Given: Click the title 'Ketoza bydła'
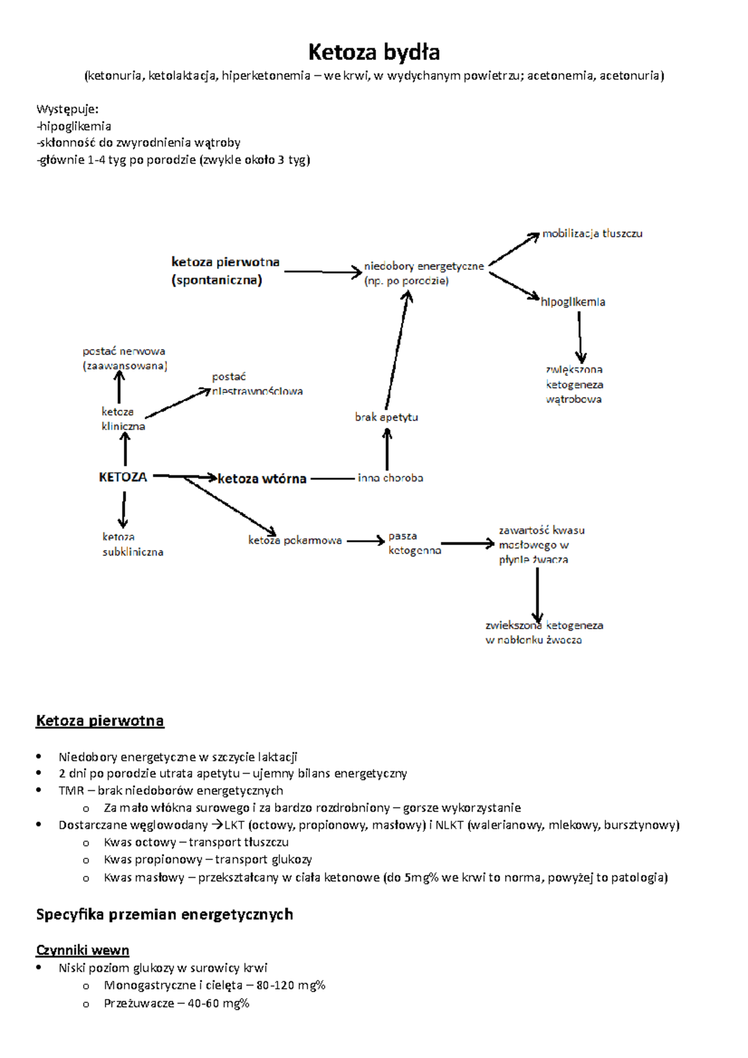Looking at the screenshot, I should coord(374,52).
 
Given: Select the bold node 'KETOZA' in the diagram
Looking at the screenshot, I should coord(123,477).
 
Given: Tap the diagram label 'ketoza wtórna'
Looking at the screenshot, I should coord(262,479).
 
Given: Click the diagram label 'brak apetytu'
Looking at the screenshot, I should coord(386,417).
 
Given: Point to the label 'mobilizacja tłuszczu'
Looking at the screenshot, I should coord(592,234).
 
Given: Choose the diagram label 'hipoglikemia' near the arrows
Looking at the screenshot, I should coord(573,302).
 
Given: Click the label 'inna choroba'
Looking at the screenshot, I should coord(390,478).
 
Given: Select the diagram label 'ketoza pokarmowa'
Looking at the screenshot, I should coord(295,540).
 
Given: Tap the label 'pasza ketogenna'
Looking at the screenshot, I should coord(414,543).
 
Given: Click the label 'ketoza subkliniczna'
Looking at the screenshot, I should coord(133,544).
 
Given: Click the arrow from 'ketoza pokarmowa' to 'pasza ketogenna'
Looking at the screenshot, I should coord(365,541).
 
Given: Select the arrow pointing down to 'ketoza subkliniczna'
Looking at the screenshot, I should coord(123,510).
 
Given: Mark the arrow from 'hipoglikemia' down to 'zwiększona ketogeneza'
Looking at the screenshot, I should coord(580,336).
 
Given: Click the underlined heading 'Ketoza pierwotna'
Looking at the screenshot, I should coord(100,721).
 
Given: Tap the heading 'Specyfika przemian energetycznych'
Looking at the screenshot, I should coord(165,914).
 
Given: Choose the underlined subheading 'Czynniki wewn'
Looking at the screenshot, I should coord(82,950).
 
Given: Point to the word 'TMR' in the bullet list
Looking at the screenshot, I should coord(71,791).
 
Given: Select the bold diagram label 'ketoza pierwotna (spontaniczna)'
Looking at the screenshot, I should coord(225,271).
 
